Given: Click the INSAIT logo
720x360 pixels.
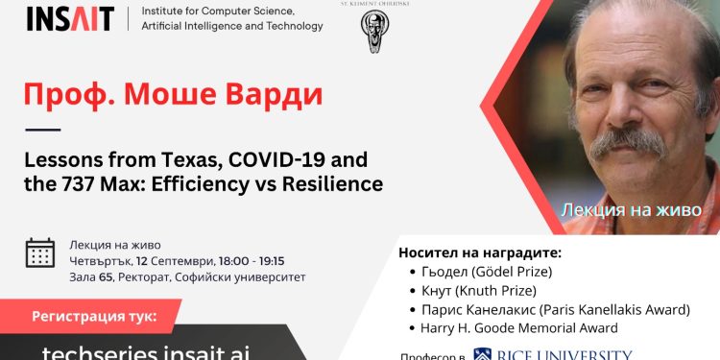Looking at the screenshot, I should tap(70, 18).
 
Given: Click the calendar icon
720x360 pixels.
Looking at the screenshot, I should tap(40, 252).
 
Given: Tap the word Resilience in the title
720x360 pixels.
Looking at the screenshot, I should tap(331, 182).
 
